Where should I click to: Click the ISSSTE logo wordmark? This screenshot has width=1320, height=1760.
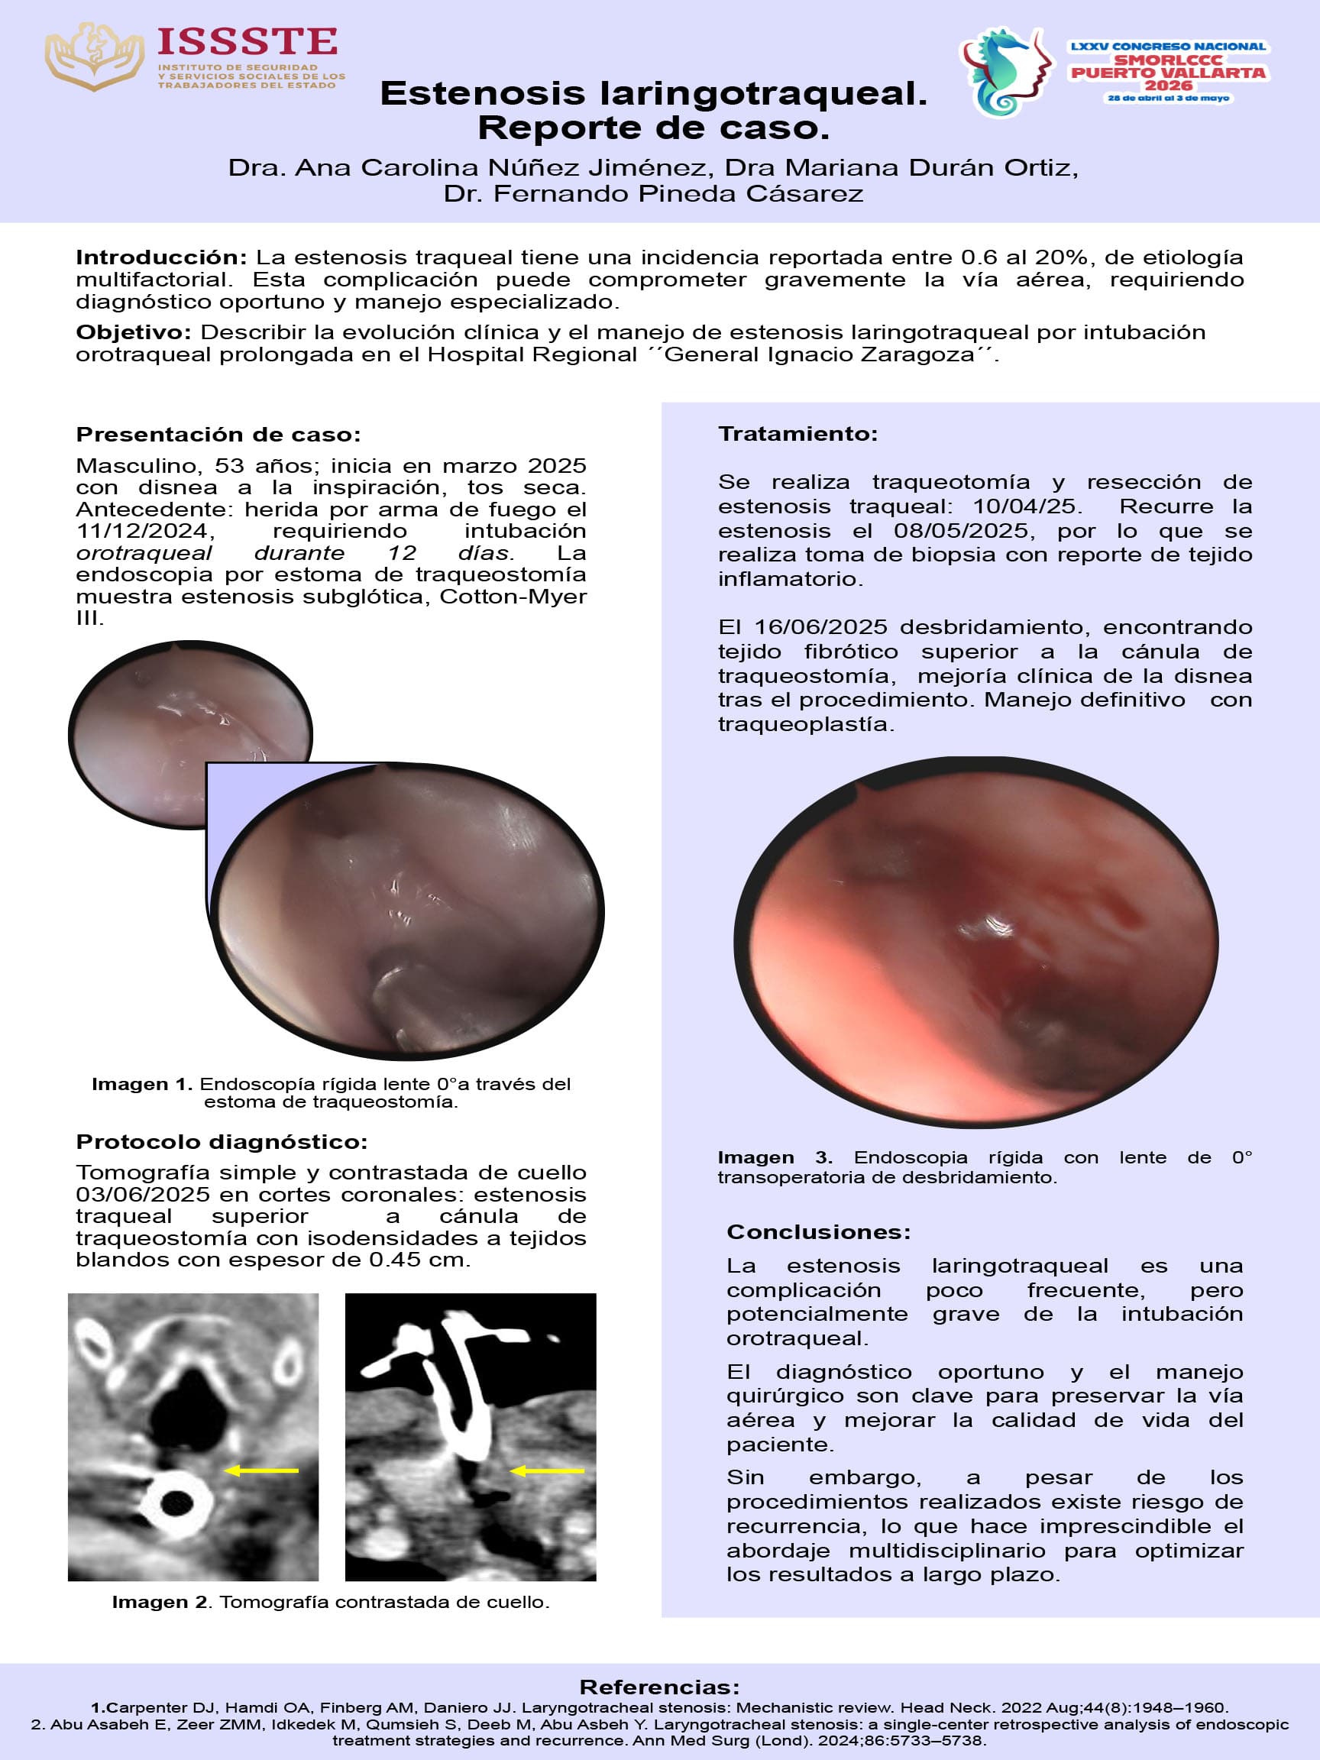point(247,41)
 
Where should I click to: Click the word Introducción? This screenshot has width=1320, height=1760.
point(161,257)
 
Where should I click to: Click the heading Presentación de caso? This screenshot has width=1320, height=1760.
point(218,435)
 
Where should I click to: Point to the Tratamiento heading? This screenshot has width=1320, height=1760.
point(797,434)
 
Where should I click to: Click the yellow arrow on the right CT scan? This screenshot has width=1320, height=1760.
point(548,1470)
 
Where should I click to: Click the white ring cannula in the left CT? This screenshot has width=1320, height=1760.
point(173,1503)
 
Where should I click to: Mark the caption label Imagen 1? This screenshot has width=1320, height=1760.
point(141,1084)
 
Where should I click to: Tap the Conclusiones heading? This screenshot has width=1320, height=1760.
point(818,1231)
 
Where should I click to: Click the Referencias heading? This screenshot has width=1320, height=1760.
point(658,1687)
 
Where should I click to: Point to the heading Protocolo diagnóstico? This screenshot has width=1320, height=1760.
point(222,1142)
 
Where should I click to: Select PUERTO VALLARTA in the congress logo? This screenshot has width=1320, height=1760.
point(1167,73)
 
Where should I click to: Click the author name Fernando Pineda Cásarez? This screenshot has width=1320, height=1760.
point(677,193)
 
